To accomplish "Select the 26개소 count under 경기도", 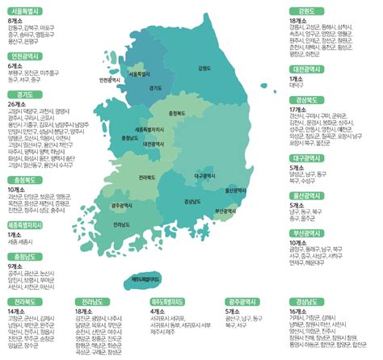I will [x=18, y=105].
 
